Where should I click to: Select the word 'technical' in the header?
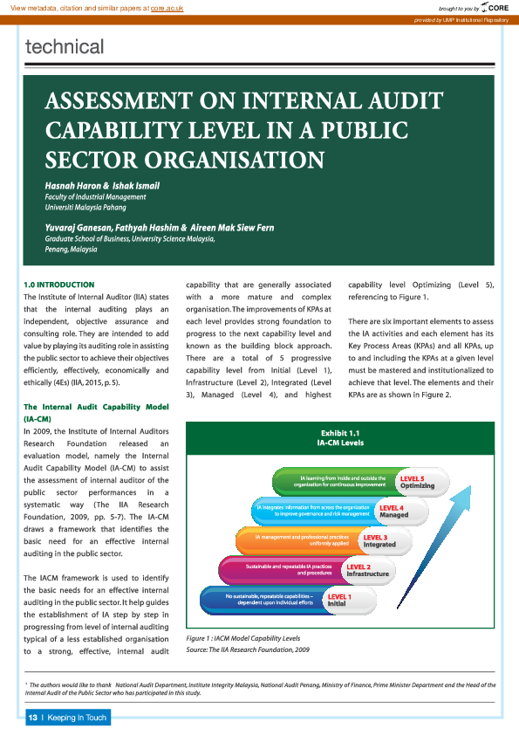[x=65, y=47]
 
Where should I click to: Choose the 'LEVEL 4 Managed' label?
[x=393, y=512]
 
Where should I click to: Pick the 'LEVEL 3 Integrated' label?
[x=378, y=540]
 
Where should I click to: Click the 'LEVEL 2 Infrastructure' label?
[x=366, y=570]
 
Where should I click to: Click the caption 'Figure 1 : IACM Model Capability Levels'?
[x=242, y=640]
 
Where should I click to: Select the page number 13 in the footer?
[x=32, y=718]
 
